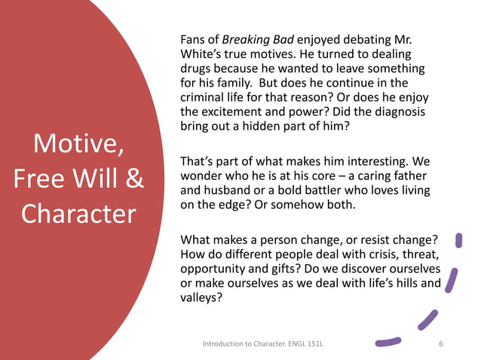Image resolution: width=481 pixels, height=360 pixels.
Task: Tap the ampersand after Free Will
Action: coord(133,178)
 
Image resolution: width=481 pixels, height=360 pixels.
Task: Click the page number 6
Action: coord(440,344)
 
